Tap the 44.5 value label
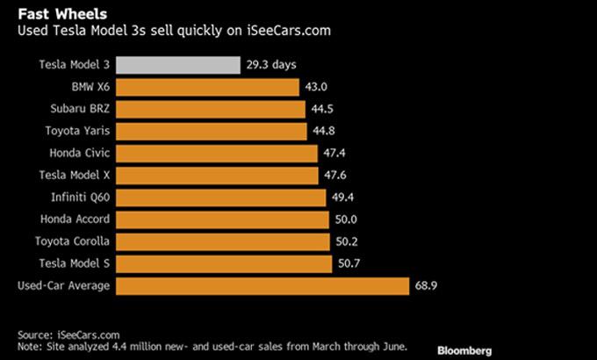coord(321,109)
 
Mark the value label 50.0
coord(346,220)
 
